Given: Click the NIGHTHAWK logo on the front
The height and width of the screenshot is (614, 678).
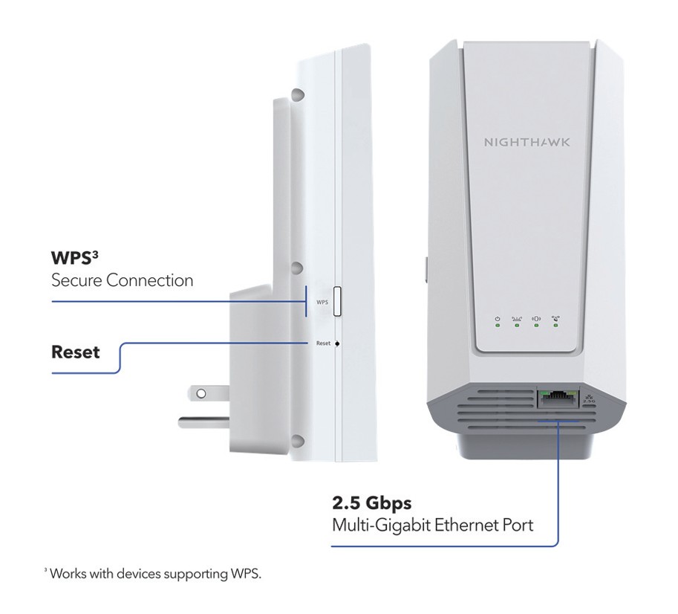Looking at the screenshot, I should pos(527,141).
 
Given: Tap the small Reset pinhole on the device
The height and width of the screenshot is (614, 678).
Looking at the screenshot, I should pos(337,343).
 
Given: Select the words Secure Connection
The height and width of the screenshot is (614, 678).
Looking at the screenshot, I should pos(122,280).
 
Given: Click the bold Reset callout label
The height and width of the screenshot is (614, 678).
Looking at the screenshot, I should pos(75,351).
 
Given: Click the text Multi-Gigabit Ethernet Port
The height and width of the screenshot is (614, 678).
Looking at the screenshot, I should pos(432,525).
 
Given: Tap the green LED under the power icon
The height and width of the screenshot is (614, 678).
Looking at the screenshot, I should pos(498,326).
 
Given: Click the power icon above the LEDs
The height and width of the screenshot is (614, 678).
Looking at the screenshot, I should pos(498,318).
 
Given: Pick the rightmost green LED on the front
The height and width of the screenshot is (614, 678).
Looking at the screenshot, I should pos(555,326).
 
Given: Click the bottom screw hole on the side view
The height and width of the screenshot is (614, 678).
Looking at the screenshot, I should pos(297,442).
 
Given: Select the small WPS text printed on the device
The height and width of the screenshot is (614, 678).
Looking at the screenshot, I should pos(322,303).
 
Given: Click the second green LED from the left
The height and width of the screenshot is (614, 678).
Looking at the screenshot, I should pos(517,326).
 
